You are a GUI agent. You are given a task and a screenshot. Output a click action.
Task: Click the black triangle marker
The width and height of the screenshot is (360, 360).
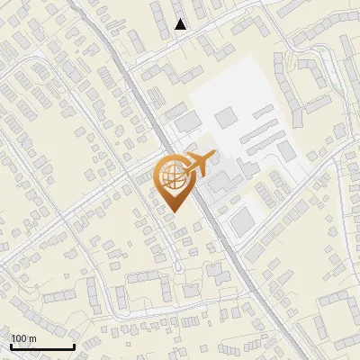click(x=181, y=24)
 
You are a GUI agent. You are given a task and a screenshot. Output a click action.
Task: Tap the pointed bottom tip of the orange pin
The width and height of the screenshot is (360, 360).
click(x=172, y=211)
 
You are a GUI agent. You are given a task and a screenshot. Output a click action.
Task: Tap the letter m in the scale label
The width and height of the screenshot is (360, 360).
click(x=33, y=338)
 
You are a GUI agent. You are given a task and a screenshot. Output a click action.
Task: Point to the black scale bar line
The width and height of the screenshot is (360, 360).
click(x=42, y=346)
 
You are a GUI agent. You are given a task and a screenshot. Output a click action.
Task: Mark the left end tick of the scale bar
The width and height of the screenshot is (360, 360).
click(x=12, y=345)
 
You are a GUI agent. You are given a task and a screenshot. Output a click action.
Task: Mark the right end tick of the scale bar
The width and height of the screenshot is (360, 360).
click(x=74, y=345)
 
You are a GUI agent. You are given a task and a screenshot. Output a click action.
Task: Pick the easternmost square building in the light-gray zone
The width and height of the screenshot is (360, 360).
click(x=286, y=150)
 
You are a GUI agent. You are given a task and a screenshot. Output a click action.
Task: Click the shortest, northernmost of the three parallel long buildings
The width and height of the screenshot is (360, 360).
click(x=265, y=112)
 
